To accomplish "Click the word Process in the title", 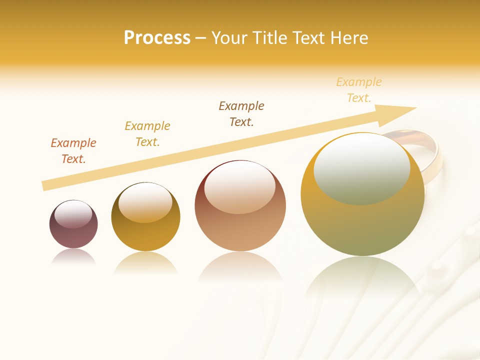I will (x=157, y=38).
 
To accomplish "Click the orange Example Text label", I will (x=73, y=151).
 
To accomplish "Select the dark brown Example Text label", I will (x=241, y=114).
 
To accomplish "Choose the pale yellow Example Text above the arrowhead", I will (x=359, y=90).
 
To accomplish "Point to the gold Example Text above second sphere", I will (x=147, y=134).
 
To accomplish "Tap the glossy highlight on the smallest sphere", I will (x=73, y=214).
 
